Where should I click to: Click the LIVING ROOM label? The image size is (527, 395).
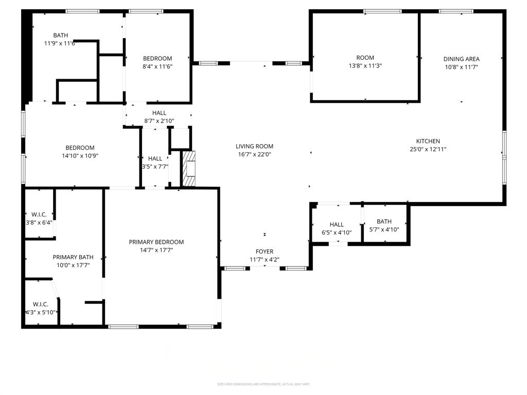coord(254,146)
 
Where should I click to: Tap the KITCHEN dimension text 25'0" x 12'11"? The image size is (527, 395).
coord(428,149)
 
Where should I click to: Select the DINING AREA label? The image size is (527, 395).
coord(461,59)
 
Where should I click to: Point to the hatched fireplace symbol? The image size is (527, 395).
coord(189,169)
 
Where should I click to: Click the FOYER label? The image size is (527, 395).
coord(265,252)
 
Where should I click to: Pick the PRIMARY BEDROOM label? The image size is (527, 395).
coord(156,242)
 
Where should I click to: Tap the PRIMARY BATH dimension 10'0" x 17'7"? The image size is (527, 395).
coord(73,265)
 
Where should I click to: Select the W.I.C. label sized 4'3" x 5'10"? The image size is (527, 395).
coord(40,304)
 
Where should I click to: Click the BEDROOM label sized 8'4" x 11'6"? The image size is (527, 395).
coord(157,58)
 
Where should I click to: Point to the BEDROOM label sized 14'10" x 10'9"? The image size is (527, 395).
coord(80,148)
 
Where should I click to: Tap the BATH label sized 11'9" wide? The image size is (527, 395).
coord(60,35)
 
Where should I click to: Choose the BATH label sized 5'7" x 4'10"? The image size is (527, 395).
coord(384,222)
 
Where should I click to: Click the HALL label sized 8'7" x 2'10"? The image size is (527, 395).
coord(159,113)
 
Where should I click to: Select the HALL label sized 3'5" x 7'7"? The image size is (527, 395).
coord(155,158)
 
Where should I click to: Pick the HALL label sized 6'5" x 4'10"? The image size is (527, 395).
coord(337,224)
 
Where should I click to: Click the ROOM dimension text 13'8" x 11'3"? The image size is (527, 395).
coord(365,66)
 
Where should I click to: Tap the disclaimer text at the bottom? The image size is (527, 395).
coord(263,384)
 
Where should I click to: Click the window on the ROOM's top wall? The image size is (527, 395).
coord(382,11)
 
